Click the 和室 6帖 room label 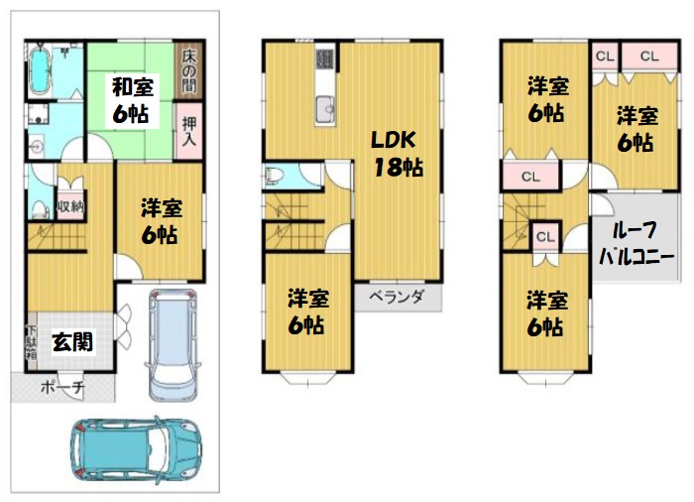132,100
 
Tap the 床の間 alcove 189,70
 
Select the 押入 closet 189,131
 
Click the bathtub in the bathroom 40,70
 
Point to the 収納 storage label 70,206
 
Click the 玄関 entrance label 72,342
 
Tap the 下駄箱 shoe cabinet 32,342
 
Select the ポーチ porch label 62,388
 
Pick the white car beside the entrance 173,344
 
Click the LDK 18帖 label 397,154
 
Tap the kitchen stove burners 325,59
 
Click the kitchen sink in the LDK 325,109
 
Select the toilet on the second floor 273,177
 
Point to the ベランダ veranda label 397,296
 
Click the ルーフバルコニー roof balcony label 636,243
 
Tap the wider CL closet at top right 649,56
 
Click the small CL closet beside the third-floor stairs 545,237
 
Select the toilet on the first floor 40,209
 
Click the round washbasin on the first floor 36,146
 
